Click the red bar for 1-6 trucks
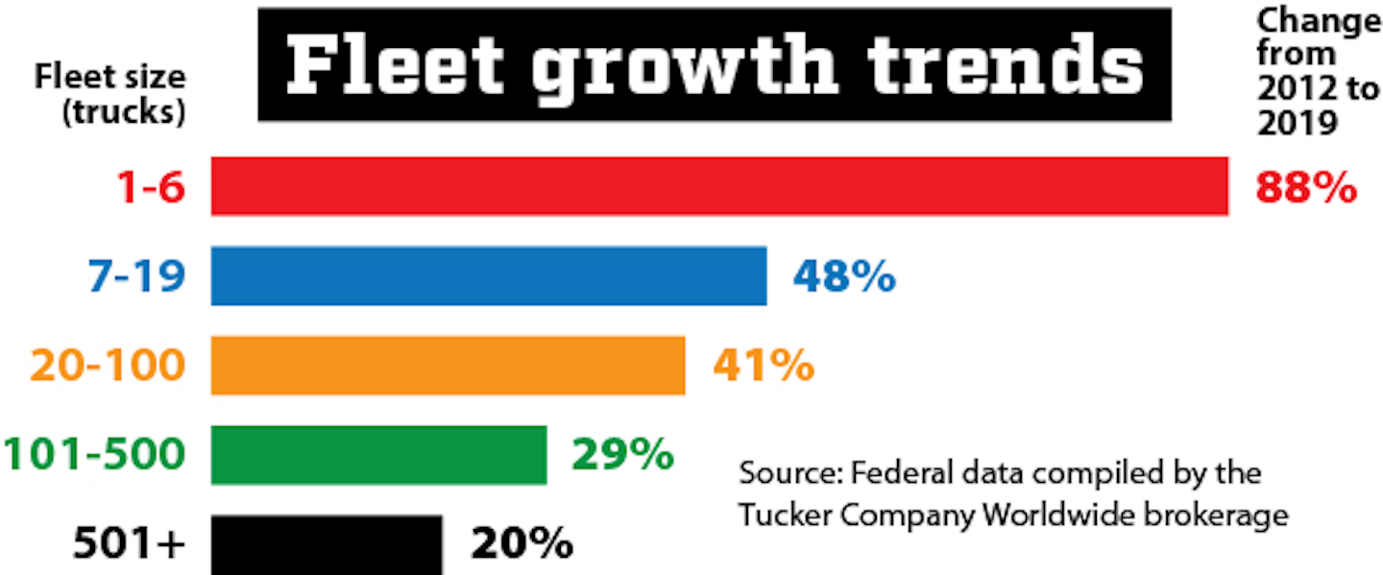coord(719,186)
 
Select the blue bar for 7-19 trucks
coord(489,276)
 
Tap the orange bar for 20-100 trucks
coord(448,365)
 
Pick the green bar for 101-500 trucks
coord(378,454)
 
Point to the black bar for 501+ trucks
coord(327,544)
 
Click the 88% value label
coord(1306,188)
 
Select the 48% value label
coord(844,277)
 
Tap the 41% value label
coord(764,366)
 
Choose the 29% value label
coord(622,455)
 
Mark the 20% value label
coord(522,545)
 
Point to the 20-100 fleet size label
coord(107,367)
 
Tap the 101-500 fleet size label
coord(93,455)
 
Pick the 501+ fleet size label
coord(129,545)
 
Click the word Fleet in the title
coord(396,65)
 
